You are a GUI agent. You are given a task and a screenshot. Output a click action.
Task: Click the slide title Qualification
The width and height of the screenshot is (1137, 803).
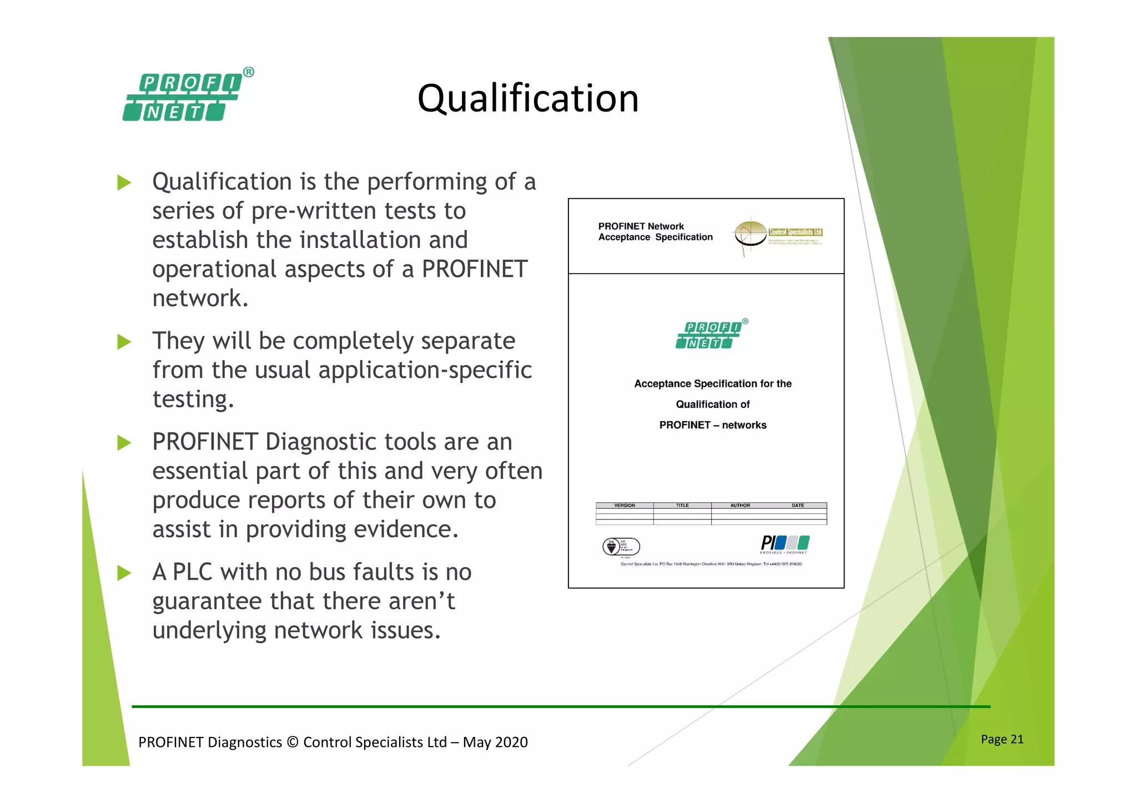pos(527,98)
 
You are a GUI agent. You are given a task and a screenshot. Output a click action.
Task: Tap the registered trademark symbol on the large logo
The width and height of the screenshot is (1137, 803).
pos(249,72)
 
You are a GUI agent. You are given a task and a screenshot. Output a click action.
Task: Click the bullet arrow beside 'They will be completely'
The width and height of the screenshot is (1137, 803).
pos(124,342)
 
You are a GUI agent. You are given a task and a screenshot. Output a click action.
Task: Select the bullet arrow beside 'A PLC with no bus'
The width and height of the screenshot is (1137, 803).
pos(124,573)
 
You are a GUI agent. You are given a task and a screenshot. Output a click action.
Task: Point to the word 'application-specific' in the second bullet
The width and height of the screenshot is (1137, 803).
pos(425,370)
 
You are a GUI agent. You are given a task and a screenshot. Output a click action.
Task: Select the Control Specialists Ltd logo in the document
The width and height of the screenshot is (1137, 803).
pos(778,235)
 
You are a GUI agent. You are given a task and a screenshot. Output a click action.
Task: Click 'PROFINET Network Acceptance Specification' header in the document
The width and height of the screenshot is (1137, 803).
pos(655,232)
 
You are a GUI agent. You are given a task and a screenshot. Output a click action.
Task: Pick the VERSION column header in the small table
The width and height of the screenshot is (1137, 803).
pos(625,506)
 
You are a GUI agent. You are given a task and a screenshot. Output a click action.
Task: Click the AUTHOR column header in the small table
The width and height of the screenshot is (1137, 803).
pos(739,506)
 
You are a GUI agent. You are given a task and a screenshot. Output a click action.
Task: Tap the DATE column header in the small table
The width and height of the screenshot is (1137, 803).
pos(797,506)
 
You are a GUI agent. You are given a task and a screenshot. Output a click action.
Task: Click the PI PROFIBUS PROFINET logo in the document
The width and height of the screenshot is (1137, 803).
pos(784,544)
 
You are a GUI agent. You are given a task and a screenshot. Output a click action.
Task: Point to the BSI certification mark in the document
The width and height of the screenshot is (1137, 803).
pos(621,547)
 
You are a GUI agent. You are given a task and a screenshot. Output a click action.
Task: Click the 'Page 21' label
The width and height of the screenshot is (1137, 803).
pos(1002,739)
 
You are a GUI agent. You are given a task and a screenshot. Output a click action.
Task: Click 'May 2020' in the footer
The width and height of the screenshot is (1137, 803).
pos(495,743)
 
